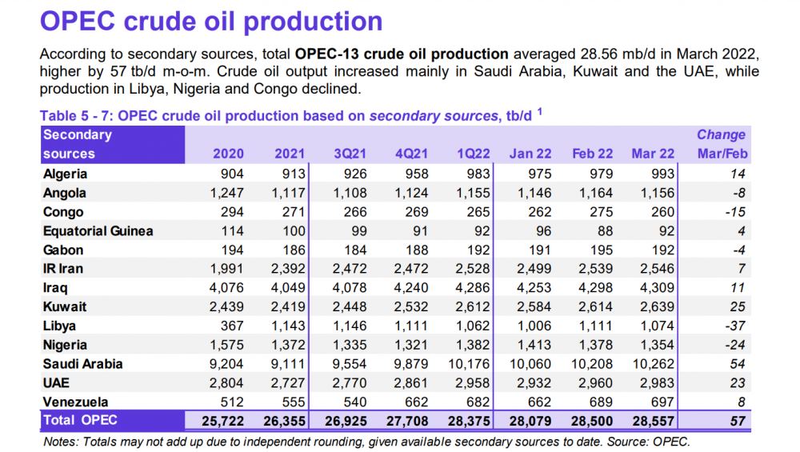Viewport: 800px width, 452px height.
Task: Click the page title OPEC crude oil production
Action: (x=211, y=22)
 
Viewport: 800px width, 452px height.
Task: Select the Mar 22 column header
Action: (x=652, y=154)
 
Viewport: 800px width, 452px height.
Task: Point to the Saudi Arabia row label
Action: (x=83, y=363)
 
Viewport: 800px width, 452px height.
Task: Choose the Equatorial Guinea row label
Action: (x=98, y=231)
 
